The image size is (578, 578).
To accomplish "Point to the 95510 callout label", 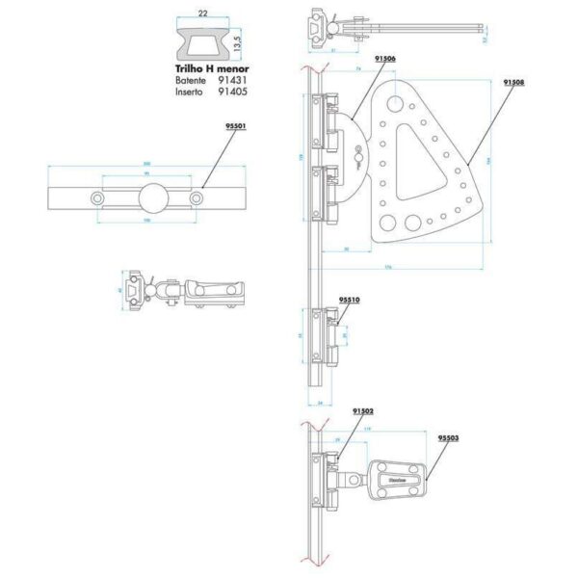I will pos(349,300).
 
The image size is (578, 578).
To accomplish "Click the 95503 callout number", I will pos(447,437).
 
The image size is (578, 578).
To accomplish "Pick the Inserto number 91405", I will pos(233,92).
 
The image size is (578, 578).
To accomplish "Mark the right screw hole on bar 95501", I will pos(197,198).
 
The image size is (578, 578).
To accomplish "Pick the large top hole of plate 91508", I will pos(392,100).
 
